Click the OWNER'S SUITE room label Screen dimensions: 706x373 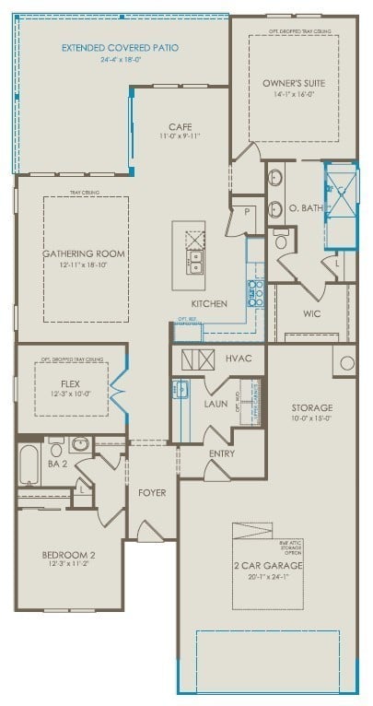pyautogui.click(x=293, y=82)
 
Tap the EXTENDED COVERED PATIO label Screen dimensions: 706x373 pyautogui.click(x=121, y=47)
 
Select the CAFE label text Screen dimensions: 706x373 pyautogui.click(x=179, y=126)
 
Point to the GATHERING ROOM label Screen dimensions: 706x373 pyautogui.click(x=83, y=253)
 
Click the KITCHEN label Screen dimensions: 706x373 pyautogui.click(x=209, y=303)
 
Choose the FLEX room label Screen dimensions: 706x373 pyautogui.click(x=70, y=382)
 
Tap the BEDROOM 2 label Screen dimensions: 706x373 pyautogui.click(x=69, y=555)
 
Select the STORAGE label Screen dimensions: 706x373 pyautogui.click(x=311, y=406)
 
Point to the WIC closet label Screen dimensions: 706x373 pyautogui.click(x=311, y=313)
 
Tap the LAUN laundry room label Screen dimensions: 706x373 pyautogui.click(x=216, y=403)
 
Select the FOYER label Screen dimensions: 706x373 pyautogui.click(x=152, y=493)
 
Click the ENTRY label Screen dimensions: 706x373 pyautogui.click(x=222, y=453)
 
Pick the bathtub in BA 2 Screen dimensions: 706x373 pyautogui.click(x=29, y=465)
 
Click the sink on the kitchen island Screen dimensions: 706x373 pyautogui.click(x=194, y=262)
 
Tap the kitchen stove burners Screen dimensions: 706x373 pyautogui.click(x=255, y=294)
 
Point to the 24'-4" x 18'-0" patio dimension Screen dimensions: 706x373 pyautogui.click(x=121, y=59)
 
